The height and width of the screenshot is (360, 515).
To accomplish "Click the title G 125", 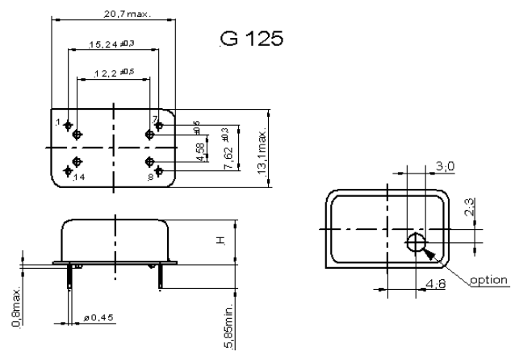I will pyautogui.click(x=251, y=38).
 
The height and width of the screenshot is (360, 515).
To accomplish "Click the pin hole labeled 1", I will pyautogui.click(x=77, y=135).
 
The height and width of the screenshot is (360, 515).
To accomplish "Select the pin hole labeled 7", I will pyautogui.click(x=149, y=134).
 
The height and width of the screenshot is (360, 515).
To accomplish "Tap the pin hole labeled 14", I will pyautogui.click(x=77, y=164).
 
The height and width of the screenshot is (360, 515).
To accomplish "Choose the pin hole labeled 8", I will pyautogui.click(x=149, y=164).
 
